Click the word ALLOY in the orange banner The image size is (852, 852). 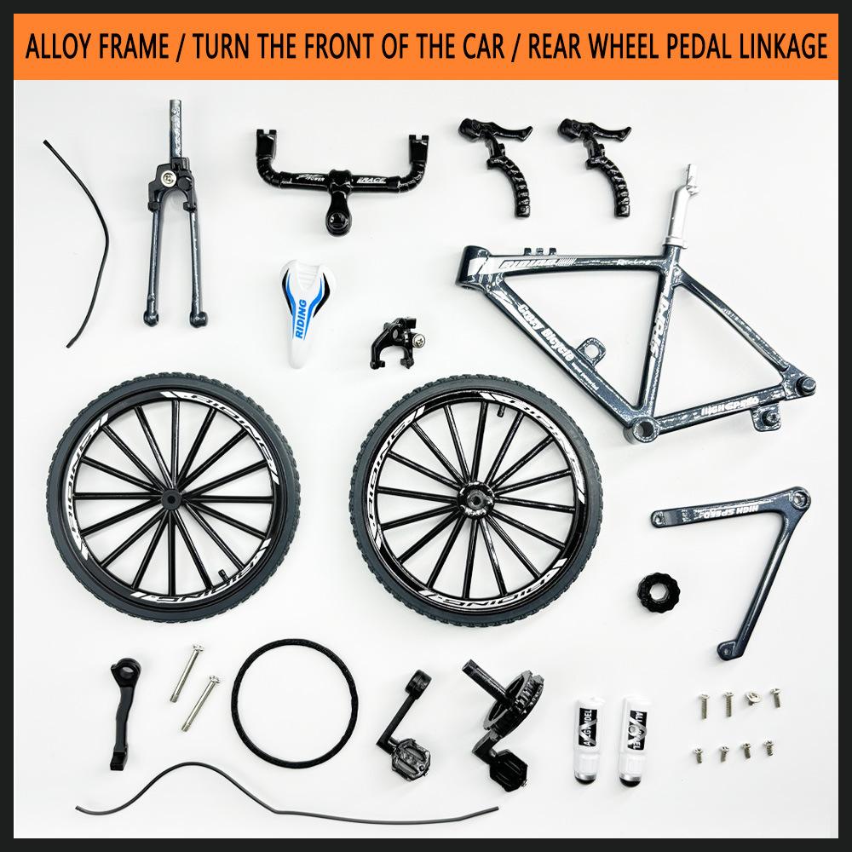tap(60, 47)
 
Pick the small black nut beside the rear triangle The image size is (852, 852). tap(658, 590)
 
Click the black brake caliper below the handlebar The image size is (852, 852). tap(393, 341)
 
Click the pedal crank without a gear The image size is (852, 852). tap(405, 724)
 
